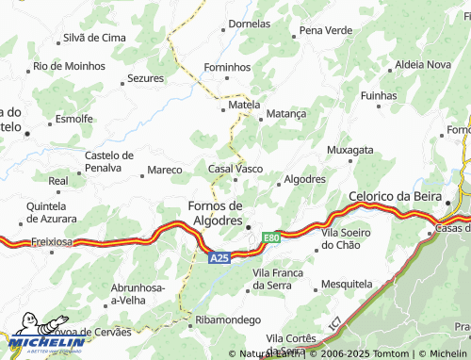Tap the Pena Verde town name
coord(326,30)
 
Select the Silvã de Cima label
coord(94,38)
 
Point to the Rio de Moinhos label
coord(70,66)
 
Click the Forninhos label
coord(229,68)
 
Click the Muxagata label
coord(349,150)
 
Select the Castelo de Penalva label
coord(109,161)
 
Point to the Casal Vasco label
coord(235,168)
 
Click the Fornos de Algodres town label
coord(216,213)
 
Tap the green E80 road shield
coord(272,237)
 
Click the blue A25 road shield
coord(219,257)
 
